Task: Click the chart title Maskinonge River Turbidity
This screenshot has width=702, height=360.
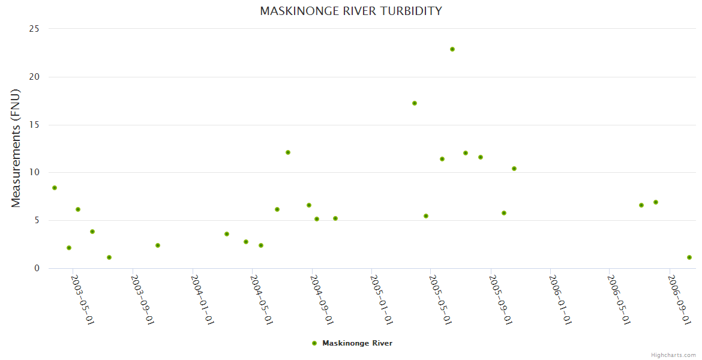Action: click(x=351, y=11)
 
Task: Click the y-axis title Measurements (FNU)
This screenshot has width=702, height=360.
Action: click(x=16, y=148)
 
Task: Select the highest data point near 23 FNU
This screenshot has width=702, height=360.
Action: click(x=452, y=49)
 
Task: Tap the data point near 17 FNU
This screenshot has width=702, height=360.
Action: click(x=415, y=103)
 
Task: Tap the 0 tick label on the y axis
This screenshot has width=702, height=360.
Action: click(x=37, y=268)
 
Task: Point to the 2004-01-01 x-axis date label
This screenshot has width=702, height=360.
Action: click(x=203, y=299)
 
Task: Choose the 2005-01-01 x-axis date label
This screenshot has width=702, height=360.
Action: click(x=382, y=299)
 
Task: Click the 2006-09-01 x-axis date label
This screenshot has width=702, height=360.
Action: click(x=679, y=299)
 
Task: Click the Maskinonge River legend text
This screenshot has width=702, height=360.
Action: click(x=357, y=343)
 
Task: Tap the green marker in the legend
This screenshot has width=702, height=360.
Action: click(x=314, y=343)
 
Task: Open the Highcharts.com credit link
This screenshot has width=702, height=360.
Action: click(x=673, y=355)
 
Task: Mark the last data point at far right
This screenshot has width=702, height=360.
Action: click(x=689, y=257)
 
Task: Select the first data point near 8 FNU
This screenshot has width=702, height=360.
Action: click(x=55, y=188)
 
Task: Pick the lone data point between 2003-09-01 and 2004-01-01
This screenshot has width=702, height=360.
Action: click(x=158, y=245)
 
